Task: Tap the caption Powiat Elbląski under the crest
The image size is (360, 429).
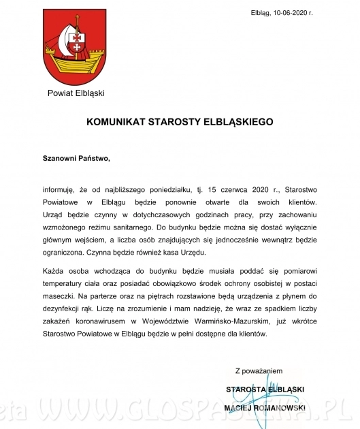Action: click(x=76, y=93)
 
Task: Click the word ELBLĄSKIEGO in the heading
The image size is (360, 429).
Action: click(x=238, y=123)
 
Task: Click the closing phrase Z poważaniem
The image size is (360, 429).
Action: click(x=258, y=372)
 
